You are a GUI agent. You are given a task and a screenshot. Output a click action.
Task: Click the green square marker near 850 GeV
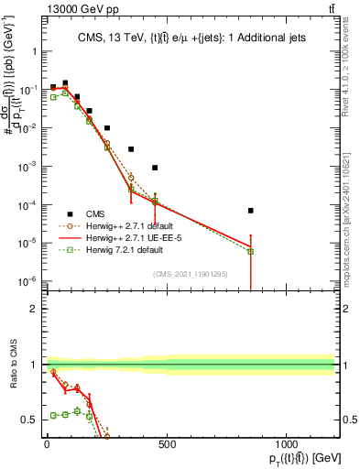(250, 251)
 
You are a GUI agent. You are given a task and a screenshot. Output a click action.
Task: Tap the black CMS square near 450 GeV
(155, 168)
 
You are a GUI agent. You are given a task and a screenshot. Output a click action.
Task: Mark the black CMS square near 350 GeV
(131, 149)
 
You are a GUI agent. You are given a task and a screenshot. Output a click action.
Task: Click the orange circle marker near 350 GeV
(131, 177)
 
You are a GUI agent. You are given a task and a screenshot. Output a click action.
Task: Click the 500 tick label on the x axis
(167, 444)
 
